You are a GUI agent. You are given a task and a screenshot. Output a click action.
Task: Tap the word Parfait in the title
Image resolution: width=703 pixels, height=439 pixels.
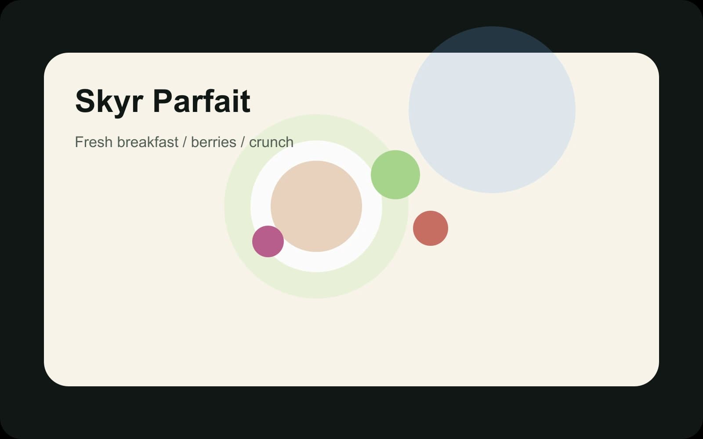pos(202,101)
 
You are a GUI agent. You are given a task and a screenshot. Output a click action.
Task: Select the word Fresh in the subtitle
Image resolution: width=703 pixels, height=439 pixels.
pos(94,142)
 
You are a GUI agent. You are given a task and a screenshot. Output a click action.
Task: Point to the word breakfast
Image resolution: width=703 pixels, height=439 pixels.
pos(148,142)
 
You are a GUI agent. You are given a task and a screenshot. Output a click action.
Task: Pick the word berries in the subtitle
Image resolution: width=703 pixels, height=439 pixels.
pos(214,142)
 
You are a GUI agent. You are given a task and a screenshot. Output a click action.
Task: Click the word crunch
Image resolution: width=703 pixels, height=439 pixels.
pos(271,142)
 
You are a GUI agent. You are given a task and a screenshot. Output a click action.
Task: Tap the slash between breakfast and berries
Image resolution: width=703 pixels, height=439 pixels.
pos(185,142)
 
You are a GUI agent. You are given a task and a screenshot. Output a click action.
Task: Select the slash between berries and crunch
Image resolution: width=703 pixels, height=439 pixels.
pos(243,142)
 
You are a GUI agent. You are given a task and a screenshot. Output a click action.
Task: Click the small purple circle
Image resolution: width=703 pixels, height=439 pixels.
pos(268,241)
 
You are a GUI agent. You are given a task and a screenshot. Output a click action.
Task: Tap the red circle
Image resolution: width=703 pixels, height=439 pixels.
pos(431,228)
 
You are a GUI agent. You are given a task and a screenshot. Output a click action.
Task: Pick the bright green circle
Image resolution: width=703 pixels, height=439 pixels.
pos(395,175)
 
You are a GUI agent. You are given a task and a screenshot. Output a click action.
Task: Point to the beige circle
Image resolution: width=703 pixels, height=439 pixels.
pos(316,206)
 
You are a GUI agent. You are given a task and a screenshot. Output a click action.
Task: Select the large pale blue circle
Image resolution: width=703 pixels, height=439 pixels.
pos(492,110)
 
